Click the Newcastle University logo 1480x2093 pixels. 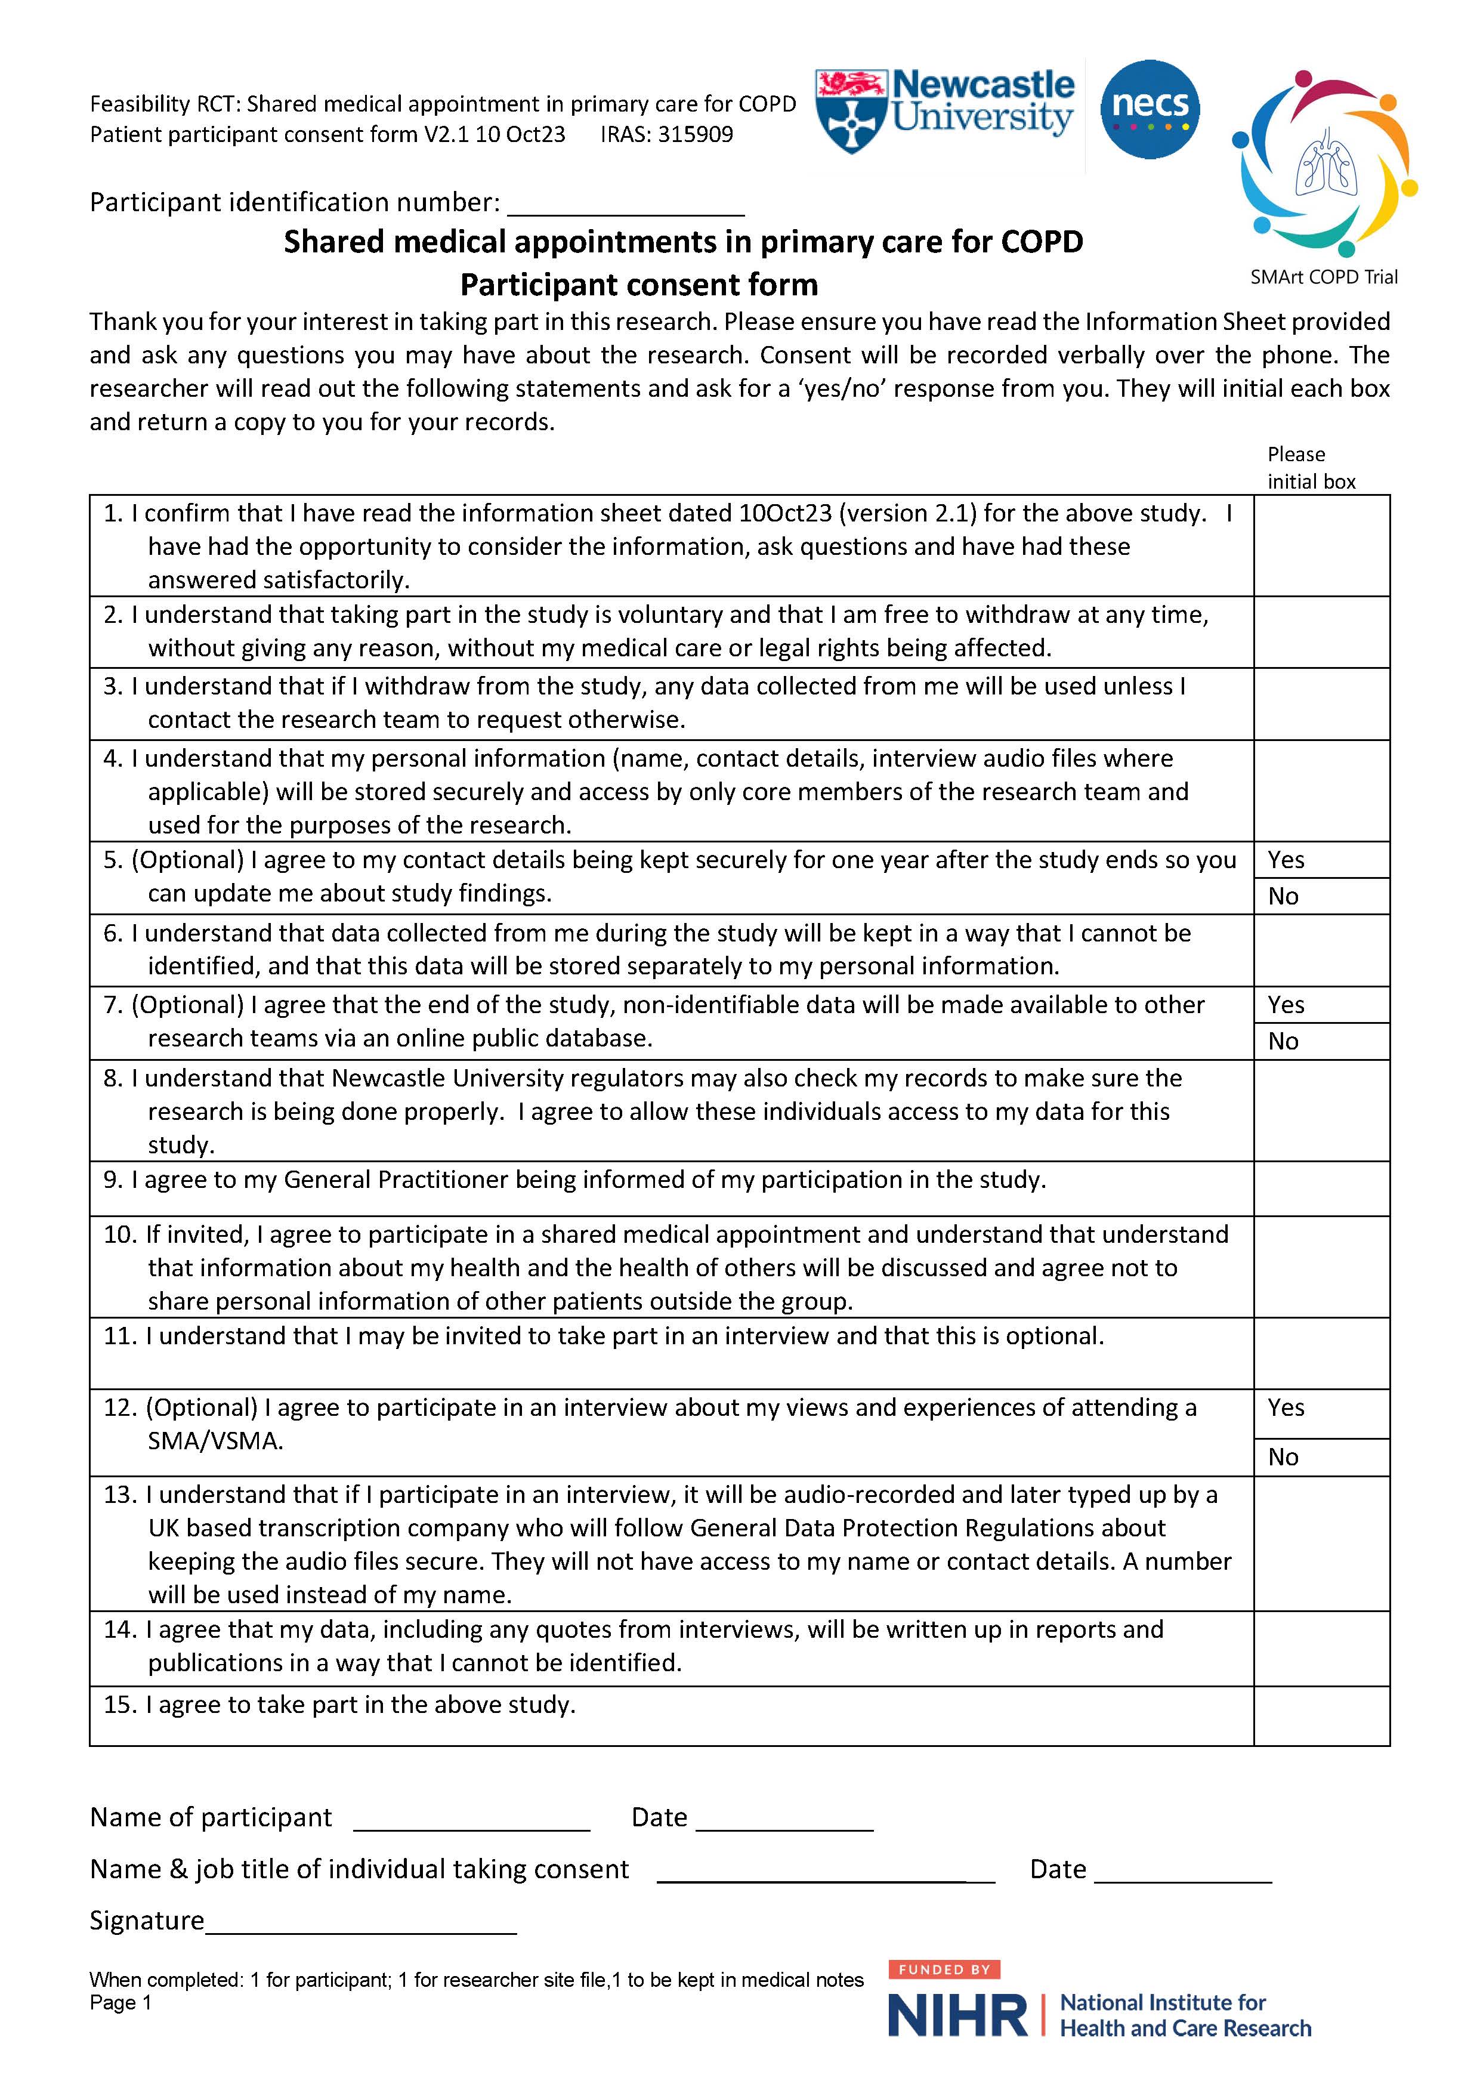click(x=945, y=107)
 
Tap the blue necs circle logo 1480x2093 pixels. click(x=1150, y=109)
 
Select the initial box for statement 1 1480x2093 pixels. click(x=1321, y=545)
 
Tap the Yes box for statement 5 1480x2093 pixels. click(x=1321, y=860)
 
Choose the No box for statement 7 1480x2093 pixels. click(x=1321, y=1041)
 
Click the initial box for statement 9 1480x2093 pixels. click(x=1321, y=1188)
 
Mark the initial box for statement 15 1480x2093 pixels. click(x=1321, y=1715)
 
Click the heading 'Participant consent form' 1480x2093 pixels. click(x=639, y=285)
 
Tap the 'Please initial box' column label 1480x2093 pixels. click(x=1311, y=468)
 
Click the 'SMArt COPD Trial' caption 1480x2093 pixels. click(x=1323, y=277)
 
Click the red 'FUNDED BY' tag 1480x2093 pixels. click(x=944, y=1969)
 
